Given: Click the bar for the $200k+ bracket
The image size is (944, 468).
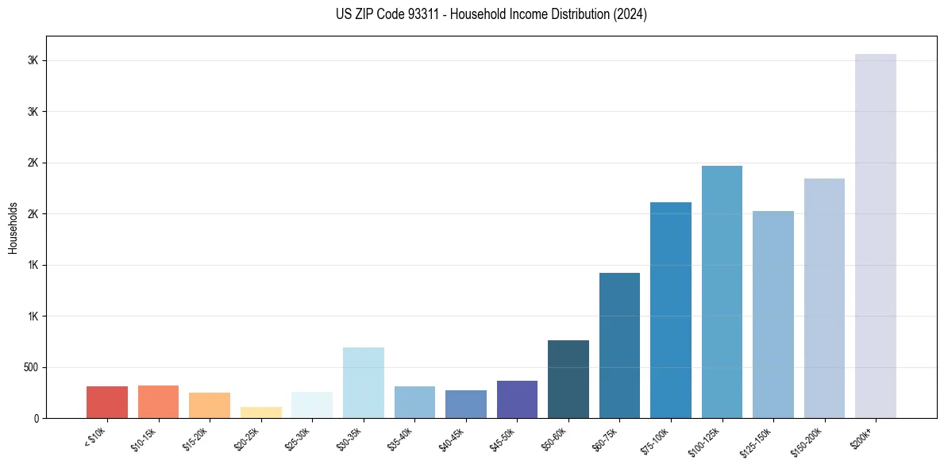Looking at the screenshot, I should click(875, 236).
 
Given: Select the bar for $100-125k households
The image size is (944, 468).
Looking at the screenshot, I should click(722, 292).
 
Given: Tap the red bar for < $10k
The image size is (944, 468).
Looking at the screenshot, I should click(107, 402).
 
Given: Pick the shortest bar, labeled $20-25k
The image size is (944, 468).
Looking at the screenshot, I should click(260, 412).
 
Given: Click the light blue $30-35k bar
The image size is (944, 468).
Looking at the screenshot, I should click(363, 382).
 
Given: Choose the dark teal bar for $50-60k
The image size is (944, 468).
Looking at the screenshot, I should click(568, 379).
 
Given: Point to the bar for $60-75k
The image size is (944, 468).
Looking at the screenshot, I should click(619, 345).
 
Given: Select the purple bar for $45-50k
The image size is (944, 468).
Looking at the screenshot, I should click(517, 399).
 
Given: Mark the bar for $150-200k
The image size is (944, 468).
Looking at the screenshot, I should click(824, 298).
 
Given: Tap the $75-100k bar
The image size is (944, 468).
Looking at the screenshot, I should click(670, 310).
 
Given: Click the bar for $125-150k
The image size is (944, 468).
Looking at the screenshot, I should click(773, 314).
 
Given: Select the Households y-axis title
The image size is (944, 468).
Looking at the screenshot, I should click(13, 227).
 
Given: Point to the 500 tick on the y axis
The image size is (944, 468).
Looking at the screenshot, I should click(32, 367).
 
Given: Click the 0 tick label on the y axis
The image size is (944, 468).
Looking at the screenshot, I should click(37, 418).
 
